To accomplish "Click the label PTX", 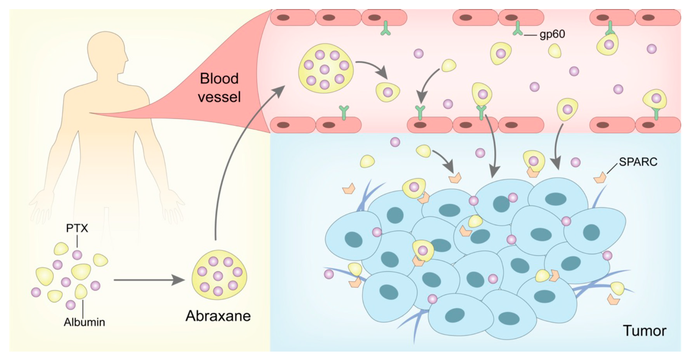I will tap(77, 228).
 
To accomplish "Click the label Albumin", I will tap(84, 322).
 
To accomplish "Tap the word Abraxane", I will tap(218, 316).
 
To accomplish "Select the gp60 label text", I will tap(552, 35).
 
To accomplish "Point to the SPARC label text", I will tap(638, 162).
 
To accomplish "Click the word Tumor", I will tap(645, 331).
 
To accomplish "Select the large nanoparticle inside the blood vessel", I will tap(326, 69).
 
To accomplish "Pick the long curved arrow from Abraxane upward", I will tap(230, 161).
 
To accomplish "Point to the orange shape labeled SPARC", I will tap(600, 178).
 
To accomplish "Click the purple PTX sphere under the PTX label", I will tap(77, 255).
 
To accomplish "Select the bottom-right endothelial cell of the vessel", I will tap(658, 125).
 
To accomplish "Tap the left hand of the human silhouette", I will tap(40, 206).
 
